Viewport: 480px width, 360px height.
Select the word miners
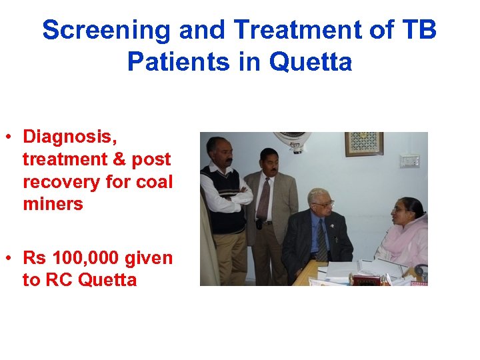point(53,204)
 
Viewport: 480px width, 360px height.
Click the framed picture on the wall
point(363,143)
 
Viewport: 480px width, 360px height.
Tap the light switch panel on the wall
point(409,161)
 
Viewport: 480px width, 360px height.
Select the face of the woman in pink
point(401,216)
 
